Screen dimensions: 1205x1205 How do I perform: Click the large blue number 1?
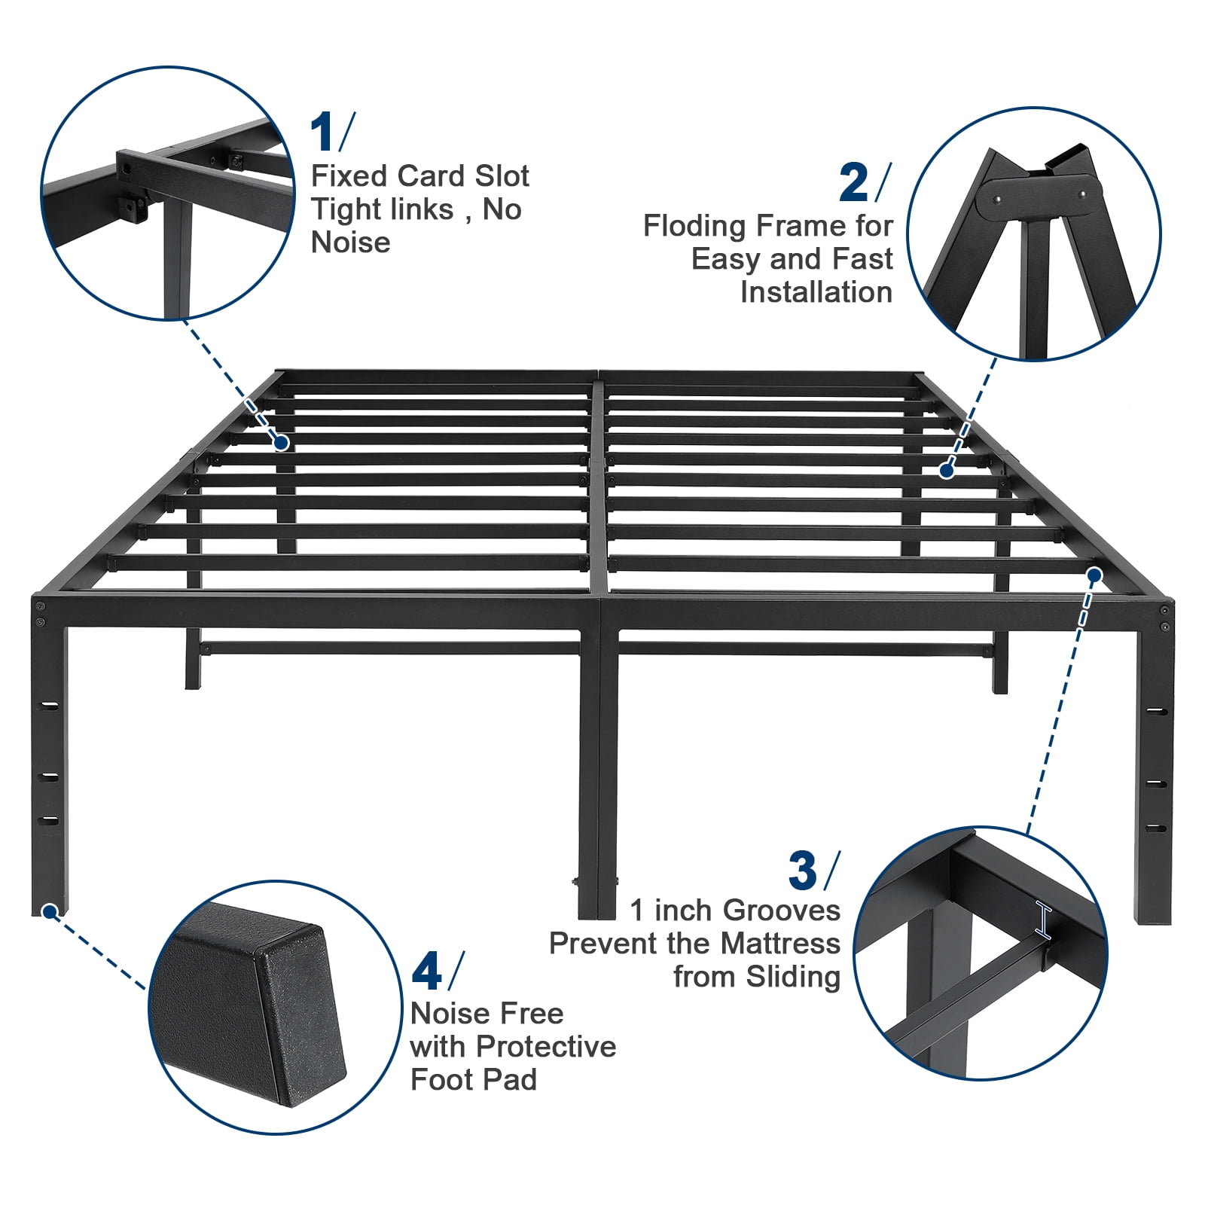click(323, 133)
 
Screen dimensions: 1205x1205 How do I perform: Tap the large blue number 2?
click(853, 183)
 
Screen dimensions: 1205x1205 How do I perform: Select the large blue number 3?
click(802, 871)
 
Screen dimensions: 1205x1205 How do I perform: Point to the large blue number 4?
click(426, 972)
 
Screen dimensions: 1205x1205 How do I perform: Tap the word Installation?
click(816, 291)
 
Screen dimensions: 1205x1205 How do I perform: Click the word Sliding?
click(793, 977)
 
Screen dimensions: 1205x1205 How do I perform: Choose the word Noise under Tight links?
click(350, 243)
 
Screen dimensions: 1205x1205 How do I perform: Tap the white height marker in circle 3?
click(1044, 920)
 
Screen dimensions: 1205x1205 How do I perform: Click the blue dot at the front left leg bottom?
click(50, 912)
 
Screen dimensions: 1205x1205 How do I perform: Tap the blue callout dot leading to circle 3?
click(1095, 576)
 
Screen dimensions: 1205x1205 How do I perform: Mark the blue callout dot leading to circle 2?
click(947, 471)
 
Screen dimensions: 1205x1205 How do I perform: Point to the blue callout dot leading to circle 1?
click(282, 443)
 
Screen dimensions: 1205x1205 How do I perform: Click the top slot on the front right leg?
click(1156, 711)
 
